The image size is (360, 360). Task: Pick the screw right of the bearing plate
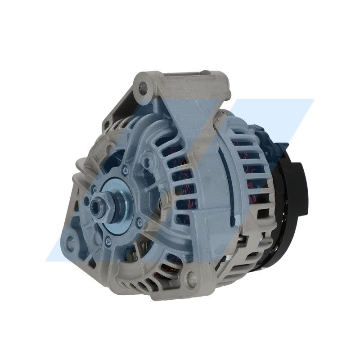coord(139,221)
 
